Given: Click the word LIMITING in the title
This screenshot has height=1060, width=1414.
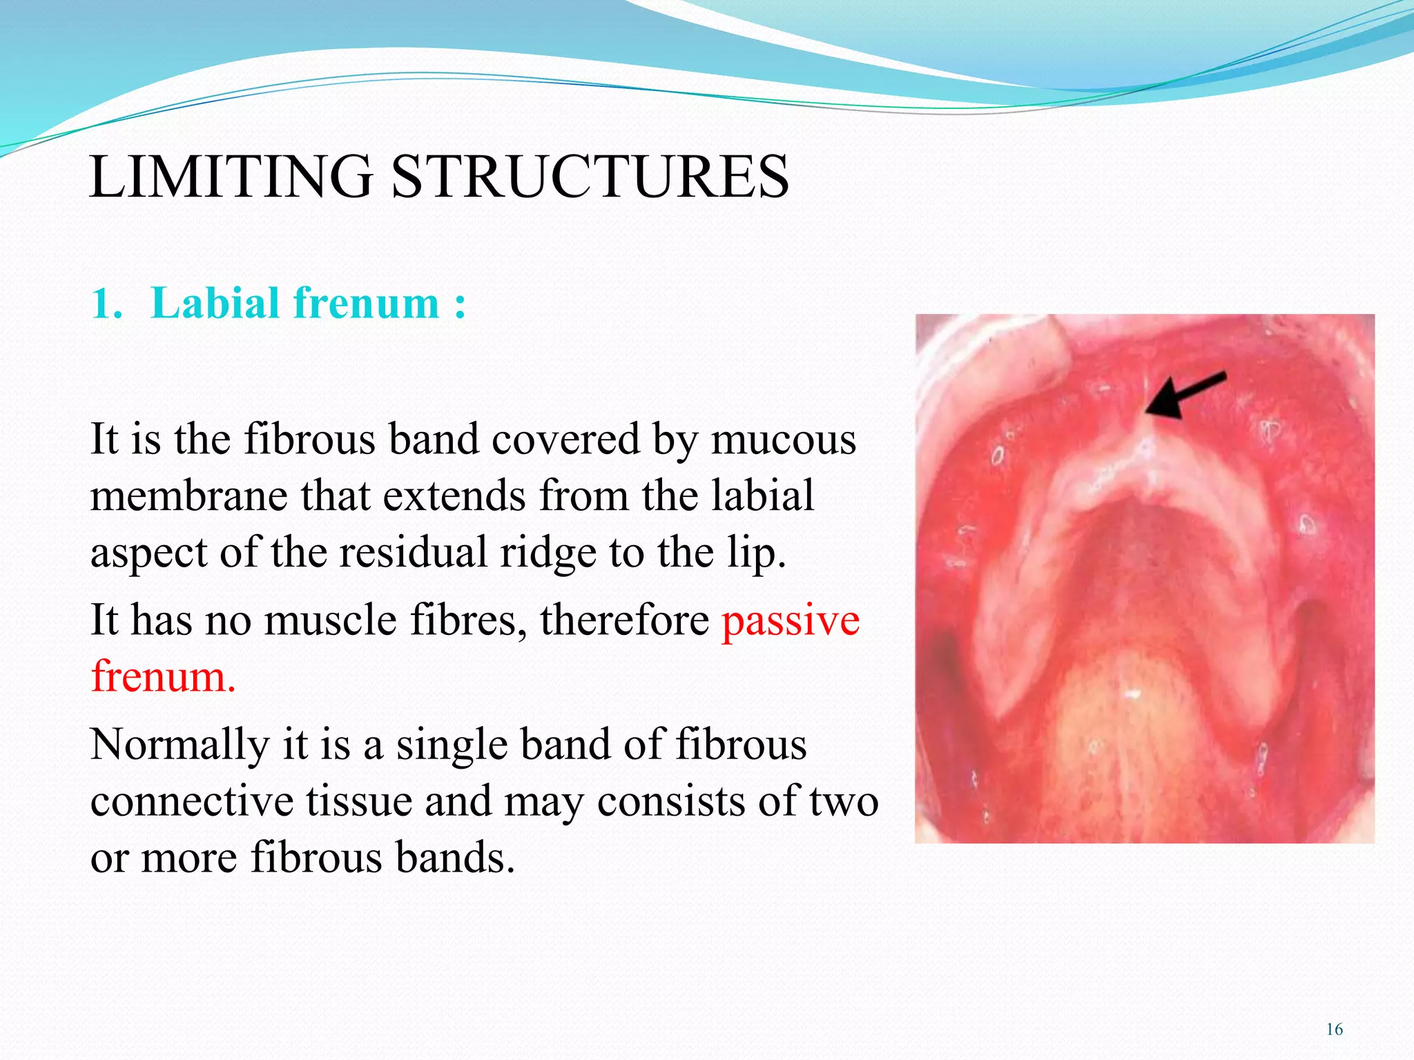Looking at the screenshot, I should click(231, 177).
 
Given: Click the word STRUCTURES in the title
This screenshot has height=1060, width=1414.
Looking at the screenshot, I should click(590, 177).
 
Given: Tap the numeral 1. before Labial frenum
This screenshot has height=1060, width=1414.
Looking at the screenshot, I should click(106, 304).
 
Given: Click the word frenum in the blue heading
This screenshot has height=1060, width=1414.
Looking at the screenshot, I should click(366, 304).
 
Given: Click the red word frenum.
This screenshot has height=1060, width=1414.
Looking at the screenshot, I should click(163, 676).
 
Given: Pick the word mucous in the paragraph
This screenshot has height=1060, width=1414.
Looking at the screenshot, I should click(784, 440).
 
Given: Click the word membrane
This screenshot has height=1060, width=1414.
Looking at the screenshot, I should click(188, 496).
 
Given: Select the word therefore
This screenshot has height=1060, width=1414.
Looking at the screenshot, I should click(624, 620).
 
